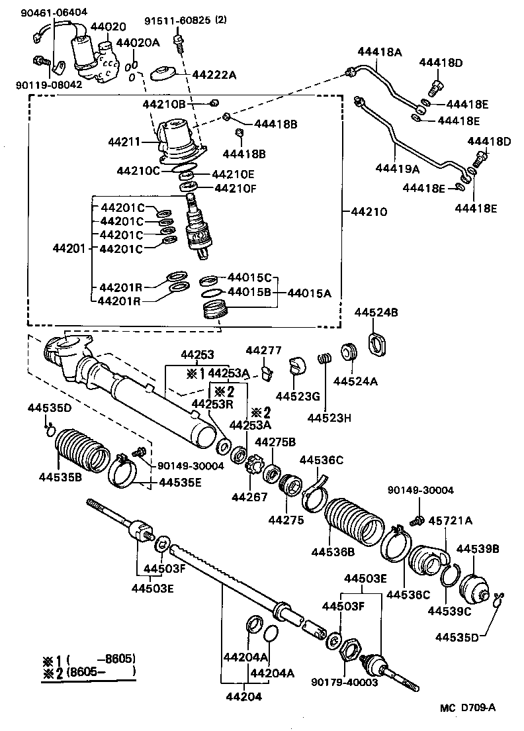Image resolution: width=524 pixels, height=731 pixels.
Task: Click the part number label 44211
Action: click(124, 141)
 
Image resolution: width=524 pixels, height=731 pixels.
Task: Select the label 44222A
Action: click(214, 75)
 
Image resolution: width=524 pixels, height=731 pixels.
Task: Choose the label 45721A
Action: click(450, 520)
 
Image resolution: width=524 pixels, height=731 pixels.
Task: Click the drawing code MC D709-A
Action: click(468, 707)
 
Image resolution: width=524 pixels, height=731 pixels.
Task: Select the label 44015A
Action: click(309, 292)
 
